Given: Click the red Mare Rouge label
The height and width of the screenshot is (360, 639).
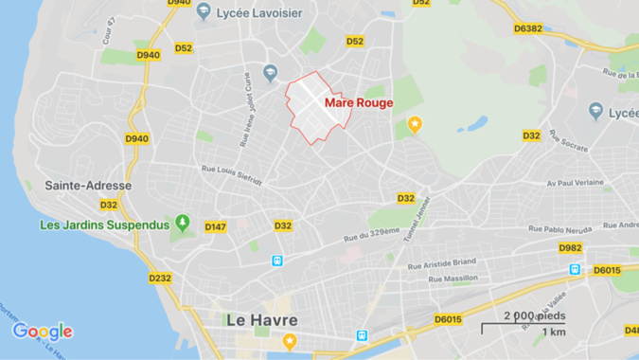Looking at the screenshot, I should point(359,102).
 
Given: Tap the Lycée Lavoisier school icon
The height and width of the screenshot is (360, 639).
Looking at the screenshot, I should point(204,11).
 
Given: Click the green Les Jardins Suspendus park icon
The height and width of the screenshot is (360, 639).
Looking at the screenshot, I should point(183,225).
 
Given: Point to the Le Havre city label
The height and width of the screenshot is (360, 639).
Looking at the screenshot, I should point(261,320).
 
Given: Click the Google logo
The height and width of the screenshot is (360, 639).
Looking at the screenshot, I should point(43,332).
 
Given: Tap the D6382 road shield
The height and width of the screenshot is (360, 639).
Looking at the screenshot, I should point(527,28).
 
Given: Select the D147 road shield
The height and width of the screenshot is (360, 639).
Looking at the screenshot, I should point(216,226).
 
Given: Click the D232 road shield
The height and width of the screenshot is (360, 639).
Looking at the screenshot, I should point(160,278).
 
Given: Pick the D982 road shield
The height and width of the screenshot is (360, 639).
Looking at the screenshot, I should point(570,248).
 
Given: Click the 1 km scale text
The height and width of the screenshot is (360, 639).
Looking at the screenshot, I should point(554,333).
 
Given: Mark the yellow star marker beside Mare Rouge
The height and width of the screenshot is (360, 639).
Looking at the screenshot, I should point(414,124).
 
